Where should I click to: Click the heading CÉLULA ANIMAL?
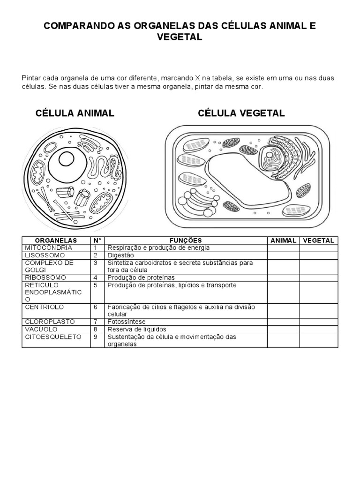tap(75, 113)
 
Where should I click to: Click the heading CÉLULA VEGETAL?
tap(241, 113)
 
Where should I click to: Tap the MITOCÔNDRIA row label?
tap(49, 247)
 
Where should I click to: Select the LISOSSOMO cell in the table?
tap(45, 255)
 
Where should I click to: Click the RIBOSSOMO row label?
tap(45, 277)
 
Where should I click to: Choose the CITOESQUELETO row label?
tap(53, 337)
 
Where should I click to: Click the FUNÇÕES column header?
tap(186, 240)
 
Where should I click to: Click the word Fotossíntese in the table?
tap(127, 322)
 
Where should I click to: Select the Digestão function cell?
tap(120, 255)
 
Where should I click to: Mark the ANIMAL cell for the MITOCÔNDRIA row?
tap(283, 247)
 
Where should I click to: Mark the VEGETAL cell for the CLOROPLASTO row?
tap(319, 322)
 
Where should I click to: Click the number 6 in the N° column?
tap(95, 307)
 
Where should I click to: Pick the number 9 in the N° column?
tap(95, 337)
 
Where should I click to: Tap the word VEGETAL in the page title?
tap(180, 37)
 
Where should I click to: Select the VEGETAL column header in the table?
tap(319, 240)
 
